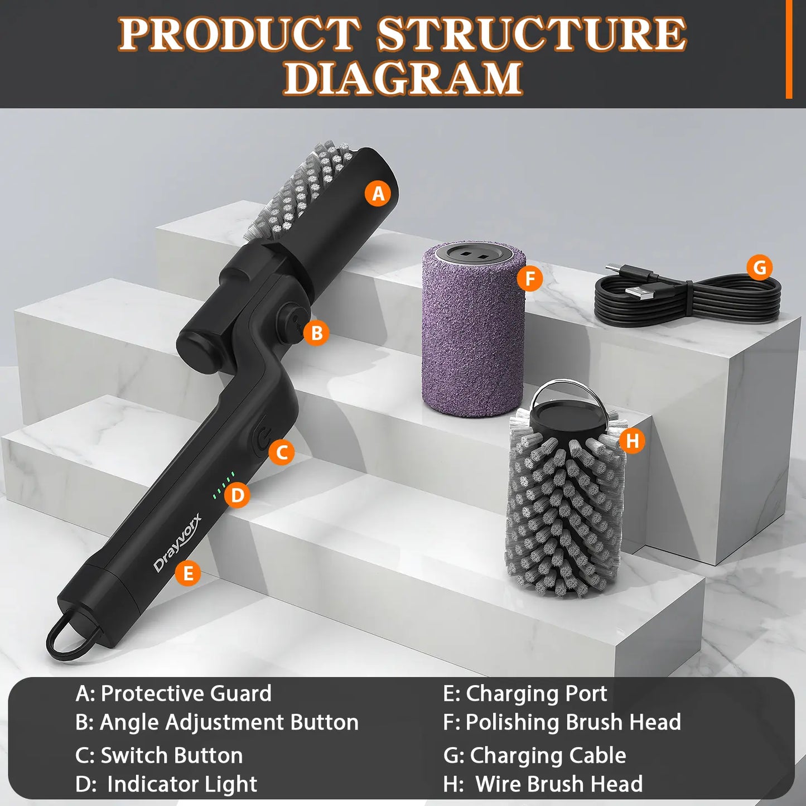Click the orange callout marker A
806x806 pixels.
click(378, 194)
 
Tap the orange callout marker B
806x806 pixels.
click(316, 333)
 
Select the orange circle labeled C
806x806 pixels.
click(282, 452)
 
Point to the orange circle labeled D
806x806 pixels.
click(238, 495)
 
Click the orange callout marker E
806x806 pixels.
click(188, 573)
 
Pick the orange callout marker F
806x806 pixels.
click(529, 278)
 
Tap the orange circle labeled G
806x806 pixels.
click(759, 268)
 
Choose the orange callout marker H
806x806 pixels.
click(632, 441)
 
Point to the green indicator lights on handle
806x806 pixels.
click(223, 485)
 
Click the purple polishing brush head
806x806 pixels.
click(473, 335)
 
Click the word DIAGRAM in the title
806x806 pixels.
click(403, 78)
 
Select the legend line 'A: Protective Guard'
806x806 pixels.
click(173, 693)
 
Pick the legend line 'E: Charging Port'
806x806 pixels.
click(525, 693)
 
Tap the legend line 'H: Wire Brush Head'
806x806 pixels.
click(543, 784)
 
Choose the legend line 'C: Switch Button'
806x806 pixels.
click(159, 755)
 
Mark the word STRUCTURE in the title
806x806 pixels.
click(531, 35)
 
